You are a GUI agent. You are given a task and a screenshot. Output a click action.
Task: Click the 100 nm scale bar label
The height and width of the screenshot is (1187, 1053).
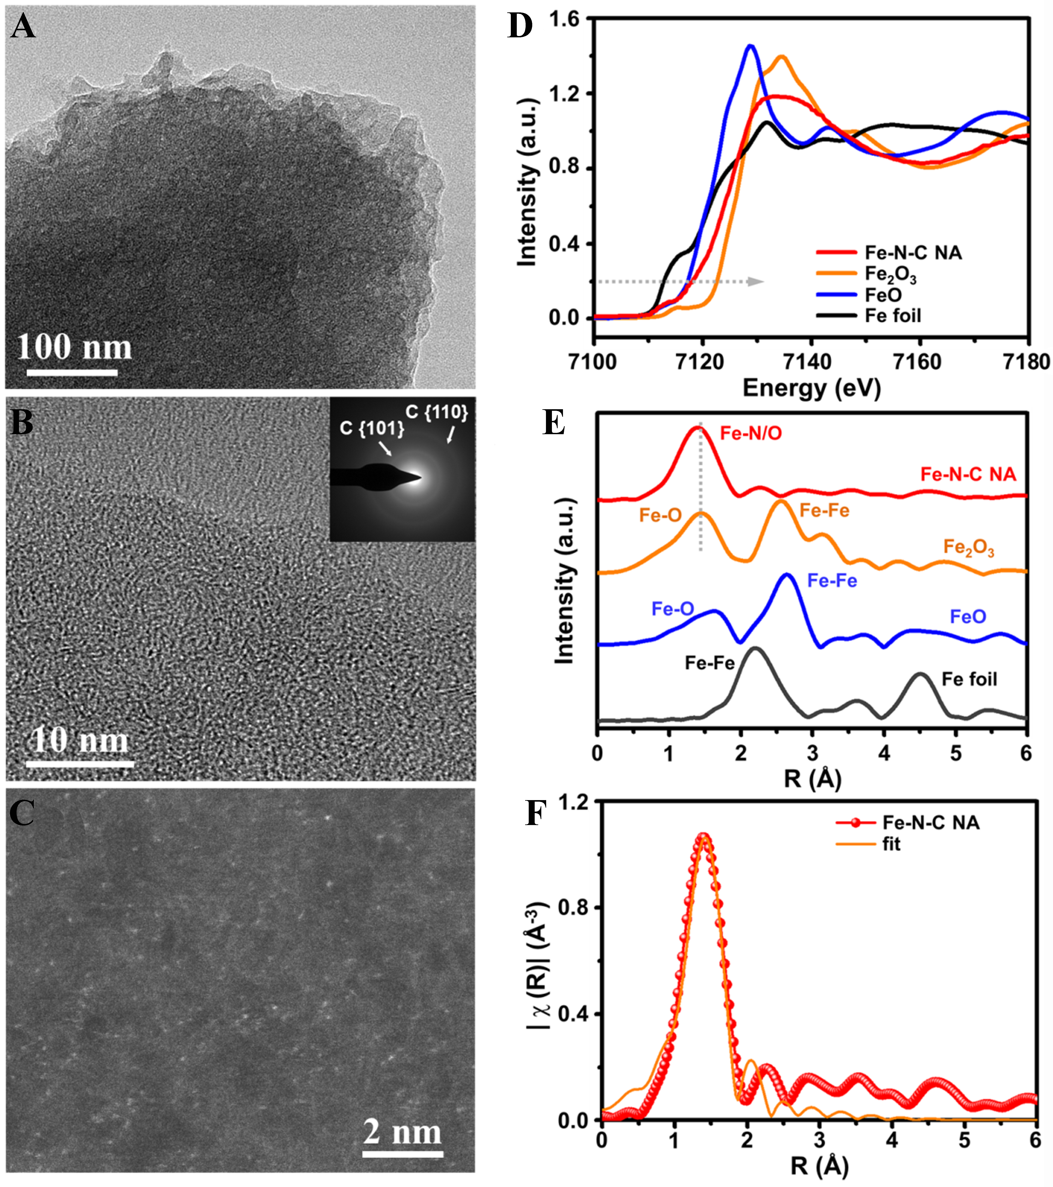(74, 347)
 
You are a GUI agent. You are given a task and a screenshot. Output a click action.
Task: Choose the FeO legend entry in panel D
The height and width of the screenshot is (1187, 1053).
(883, 295)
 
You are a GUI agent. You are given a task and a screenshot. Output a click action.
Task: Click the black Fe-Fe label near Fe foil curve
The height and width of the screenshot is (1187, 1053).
(710, 663)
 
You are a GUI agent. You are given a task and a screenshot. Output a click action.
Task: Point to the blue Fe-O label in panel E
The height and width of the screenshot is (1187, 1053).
(673, 609)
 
